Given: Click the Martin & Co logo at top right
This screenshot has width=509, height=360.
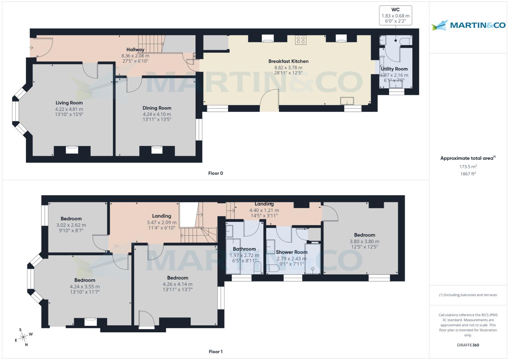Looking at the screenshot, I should coord(468,25).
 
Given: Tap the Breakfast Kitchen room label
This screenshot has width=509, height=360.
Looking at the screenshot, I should coord(288,61).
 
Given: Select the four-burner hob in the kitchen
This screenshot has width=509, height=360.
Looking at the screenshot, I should coord(301,40).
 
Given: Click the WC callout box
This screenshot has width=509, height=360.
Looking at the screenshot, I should coord(395,15).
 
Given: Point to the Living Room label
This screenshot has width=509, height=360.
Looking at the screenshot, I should coord(69,103).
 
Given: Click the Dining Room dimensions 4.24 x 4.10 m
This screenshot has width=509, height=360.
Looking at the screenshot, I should coord(157,114).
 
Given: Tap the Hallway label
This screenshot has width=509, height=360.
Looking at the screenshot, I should coord(135,50).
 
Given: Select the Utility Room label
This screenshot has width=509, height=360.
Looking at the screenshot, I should coord(394,69).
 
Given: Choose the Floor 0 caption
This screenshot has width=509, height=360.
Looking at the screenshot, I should coord(215,173).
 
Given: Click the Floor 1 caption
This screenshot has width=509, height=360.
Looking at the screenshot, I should coord(215,352).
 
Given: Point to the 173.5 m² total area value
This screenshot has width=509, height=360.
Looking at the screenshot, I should coord(468,166).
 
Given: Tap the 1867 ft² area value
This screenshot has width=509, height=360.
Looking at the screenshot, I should coord(468,174).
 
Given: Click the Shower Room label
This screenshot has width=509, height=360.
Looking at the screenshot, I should coord(291,252).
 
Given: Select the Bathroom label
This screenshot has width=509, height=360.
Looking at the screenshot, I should coord(244,249).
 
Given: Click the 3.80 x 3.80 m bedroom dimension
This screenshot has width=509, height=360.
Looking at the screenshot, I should coord(364,242).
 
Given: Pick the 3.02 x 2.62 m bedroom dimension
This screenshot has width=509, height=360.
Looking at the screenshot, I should coord(71,225).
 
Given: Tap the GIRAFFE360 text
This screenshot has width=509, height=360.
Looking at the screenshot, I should coord(468,345).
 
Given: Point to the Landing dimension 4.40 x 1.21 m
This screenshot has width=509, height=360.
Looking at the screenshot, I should coord(264,210).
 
